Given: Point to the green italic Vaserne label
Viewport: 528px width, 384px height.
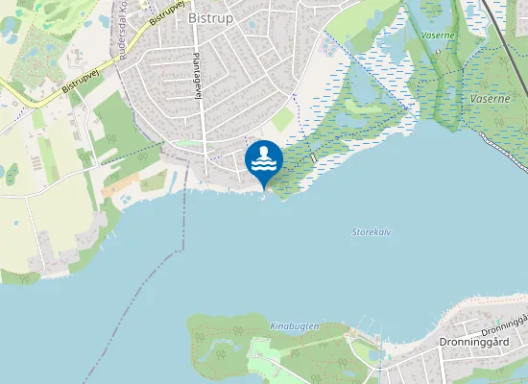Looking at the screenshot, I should click(439, 36).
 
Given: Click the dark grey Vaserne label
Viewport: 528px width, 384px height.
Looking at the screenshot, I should click(490, 98).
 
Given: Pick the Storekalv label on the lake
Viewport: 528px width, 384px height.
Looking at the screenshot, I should click(372, 232).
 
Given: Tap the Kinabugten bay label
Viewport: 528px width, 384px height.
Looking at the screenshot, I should click(294, 326).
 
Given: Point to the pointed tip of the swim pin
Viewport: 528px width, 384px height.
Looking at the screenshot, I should click(264, 189).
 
